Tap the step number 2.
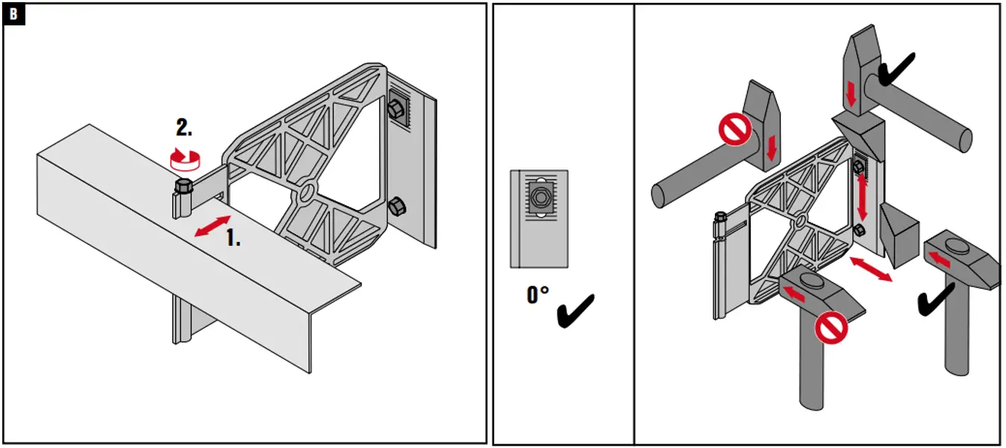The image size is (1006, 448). pos(183,128)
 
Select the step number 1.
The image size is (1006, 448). pos(233,237)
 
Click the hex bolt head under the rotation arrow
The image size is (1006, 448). pos(181,187)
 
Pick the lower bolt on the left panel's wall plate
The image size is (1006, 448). pos(398,207)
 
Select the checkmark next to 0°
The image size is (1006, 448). pos(576,310)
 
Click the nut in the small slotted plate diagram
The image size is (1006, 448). pos(539,197)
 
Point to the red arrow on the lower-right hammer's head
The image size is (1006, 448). pos(941,259)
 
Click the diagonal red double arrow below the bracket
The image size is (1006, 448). pos(871,269)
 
